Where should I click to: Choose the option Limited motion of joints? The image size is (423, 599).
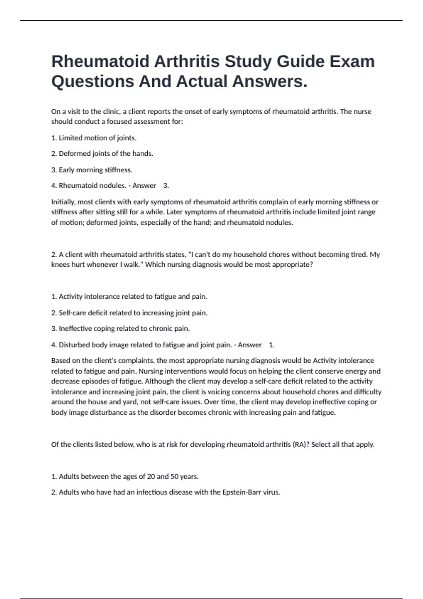pyautogui.click(x=94, y=138)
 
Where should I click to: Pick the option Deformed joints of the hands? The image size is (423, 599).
pyautogui.click(x=102, y=154)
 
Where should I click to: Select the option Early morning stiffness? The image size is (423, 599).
pyautogui.click(x=92, y=170)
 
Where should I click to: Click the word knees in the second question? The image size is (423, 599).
pyautogui.click(x=60, y=265)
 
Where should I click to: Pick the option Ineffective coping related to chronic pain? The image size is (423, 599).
pyautogui.click(x=121, y=329)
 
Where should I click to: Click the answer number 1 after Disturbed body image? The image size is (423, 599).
pyautogui.click(x=271, y=345)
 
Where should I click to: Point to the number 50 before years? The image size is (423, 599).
pyautogui.click(x=174, y=477)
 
